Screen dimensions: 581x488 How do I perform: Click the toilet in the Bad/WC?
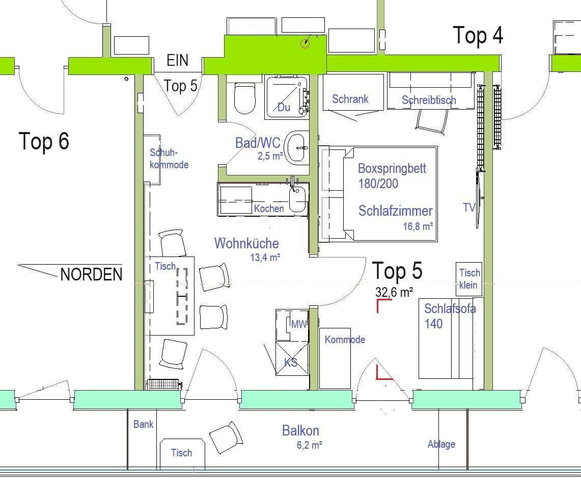pyautogui.click(x=245, y=97)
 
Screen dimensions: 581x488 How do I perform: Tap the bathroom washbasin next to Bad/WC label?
pyautogui.click(x=298, y=148)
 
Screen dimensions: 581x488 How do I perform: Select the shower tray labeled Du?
pyautogui.click(x=287, y=97)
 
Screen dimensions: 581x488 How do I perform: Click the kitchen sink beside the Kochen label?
pyautogui.click(x=298, y=198)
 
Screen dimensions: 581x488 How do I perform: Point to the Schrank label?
pyautogui.click(x=350, y=99)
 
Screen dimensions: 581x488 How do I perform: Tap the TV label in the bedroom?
pyautogui.click(x=469, y=208)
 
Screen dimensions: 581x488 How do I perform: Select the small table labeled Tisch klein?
pyautogui.click(x=469, y=279)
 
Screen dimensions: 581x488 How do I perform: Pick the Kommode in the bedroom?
pyautogui.click(x=335, y=358)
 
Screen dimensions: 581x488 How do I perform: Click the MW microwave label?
pyautogui.click(x=299, y=325)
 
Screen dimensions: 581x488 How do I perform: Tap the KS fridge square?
pyautogui.click(x=292, y=358)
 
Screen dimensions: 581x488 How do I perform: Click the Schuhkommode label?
pyautogui.click(x=169, y=159)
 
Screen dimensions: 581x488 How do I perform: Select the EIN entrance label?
pyautogui.click(x=178, y=60)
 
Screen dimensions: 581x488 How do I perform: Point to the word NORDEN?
pyautogui.click(x=91, y=275)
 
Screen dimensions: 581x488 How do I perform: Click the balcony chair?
pyautogui.click(x=226, y=438)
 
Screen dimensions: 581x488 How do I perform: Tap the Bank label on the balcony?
pyautogui.click(x=144, y=424)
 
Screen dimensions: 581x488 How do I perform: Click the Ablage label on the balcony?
pyautogui.click(x=441, y=444)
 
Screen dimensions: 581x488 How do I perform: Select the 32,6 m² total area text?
pyautogui.click(x=394, y=292)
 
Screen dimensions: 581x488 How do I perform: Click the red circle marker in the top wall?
pyautogui.click(x=305, y=43)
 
